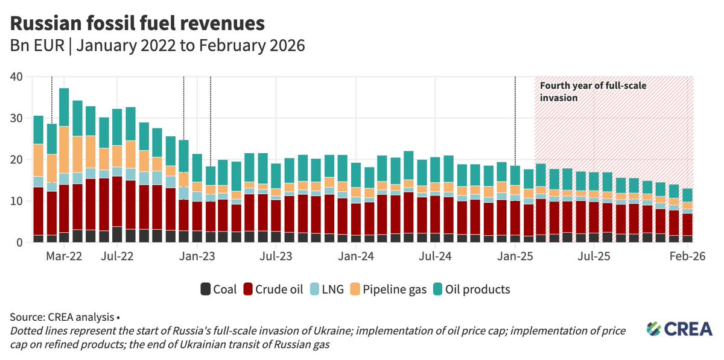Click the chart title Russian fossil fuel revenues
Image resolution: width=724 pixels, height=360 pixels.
click(x=138, y=24)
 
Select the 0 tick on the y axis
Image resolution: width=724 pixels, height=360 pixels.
click(x=19, y=242)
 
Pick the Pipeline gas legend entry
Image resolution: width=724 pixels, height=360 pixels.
click(x=389, y=289)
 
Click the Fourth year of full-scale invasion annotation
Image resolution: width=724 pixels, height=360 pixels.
click(x=593, y=92)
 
